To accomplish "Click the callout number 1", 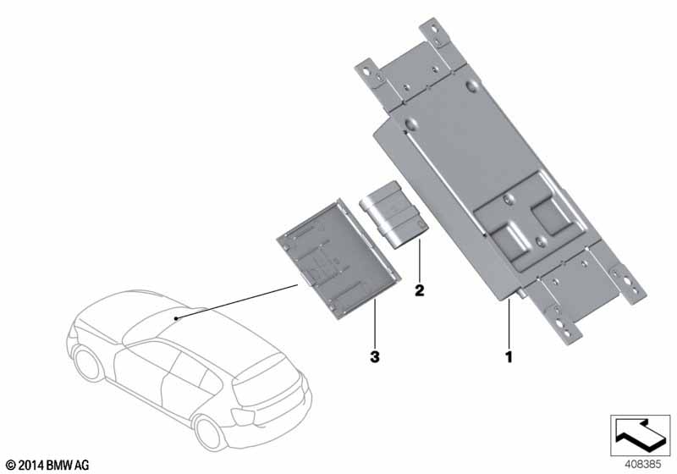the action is (509, 357).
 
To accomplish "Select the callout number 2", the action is (419, 290).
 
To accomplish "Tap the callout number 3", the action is (375, 357).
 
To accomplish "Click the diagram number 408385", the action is (642, 465).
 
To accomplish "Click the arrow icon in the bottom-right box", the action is (641, 436).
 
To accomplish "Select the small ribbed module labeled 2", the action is (394, 214).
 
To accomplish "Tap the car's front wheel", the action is (88, 364).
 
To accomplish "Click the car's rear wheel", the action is (209, 432).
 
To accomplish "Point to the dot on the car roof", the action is (176, 318).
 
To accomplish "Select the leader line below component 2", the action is (419, 260).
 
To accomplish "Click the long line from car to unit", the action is (237, 301).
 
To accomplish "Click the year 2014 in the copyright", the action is (31, 465).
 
